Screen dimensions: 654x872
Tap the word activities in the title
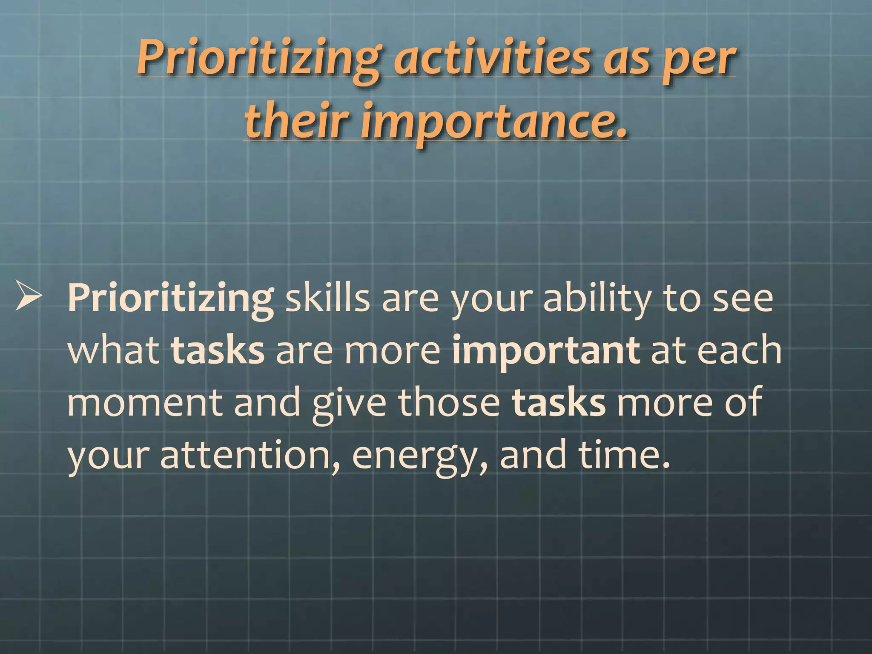coord(492,57)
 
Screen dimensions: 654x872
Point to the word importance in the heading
coord(494,121)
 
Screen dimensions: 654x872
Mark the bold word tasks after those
coord(558,403)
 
